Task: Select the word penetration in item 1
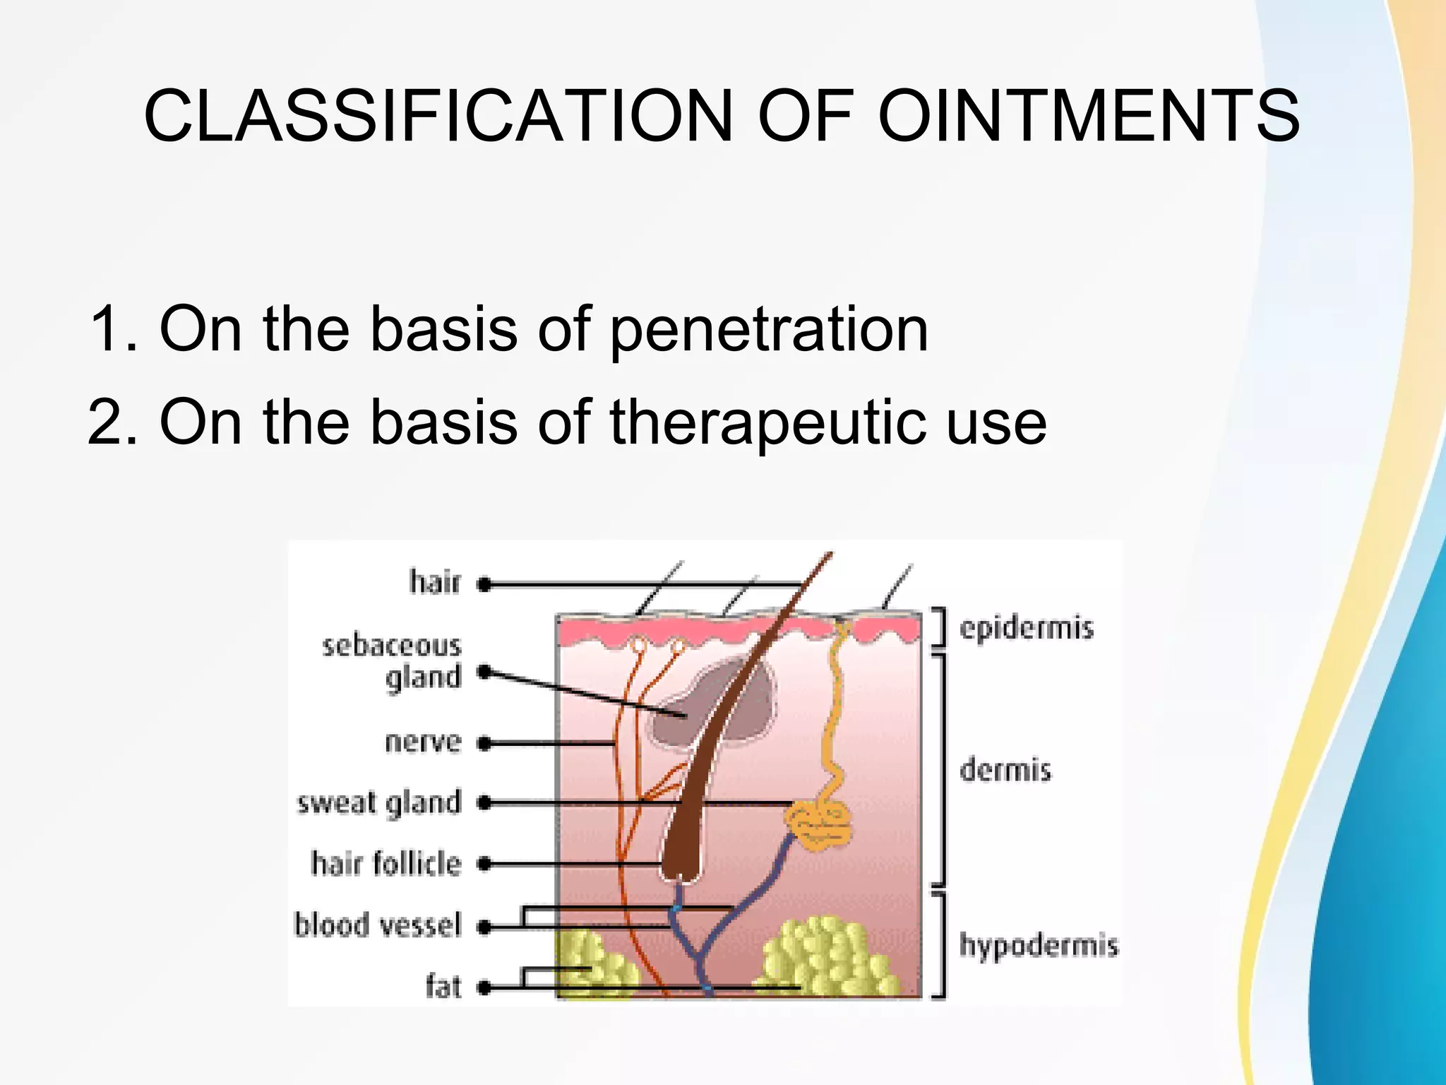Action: pyautogui.click(x=769, y=329)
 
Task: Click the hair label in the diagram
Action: pyautogui.click(x=435, y=582)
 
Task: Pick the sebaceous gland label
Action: pyautogui.click(x=393, y=661)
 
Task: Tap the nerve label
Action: pyautogui.click(x=423, y=742)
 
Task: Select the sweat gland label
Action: pyautogui.click(x=379, y=803)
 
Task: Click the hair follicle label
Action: pyautogui.click(x=386, y=863)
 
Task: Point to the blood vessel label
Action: pyautogui.click(x=378, y=925)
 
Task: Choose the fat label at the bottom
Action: pyautogui.click(x=443, y=986)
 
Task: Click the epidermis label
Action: pyautogui.click(x=1026, y=627)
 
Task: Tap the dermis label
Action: pyautogui.click(x=1005, y=769)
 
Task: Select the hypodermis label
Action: pyautogui.click(x=1039, y=945)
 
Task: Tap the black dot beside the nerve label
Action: pyautogui.click(x=484, y=743)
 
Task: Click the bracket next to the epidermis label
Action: pyautogui.click(x=939, y=627)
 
